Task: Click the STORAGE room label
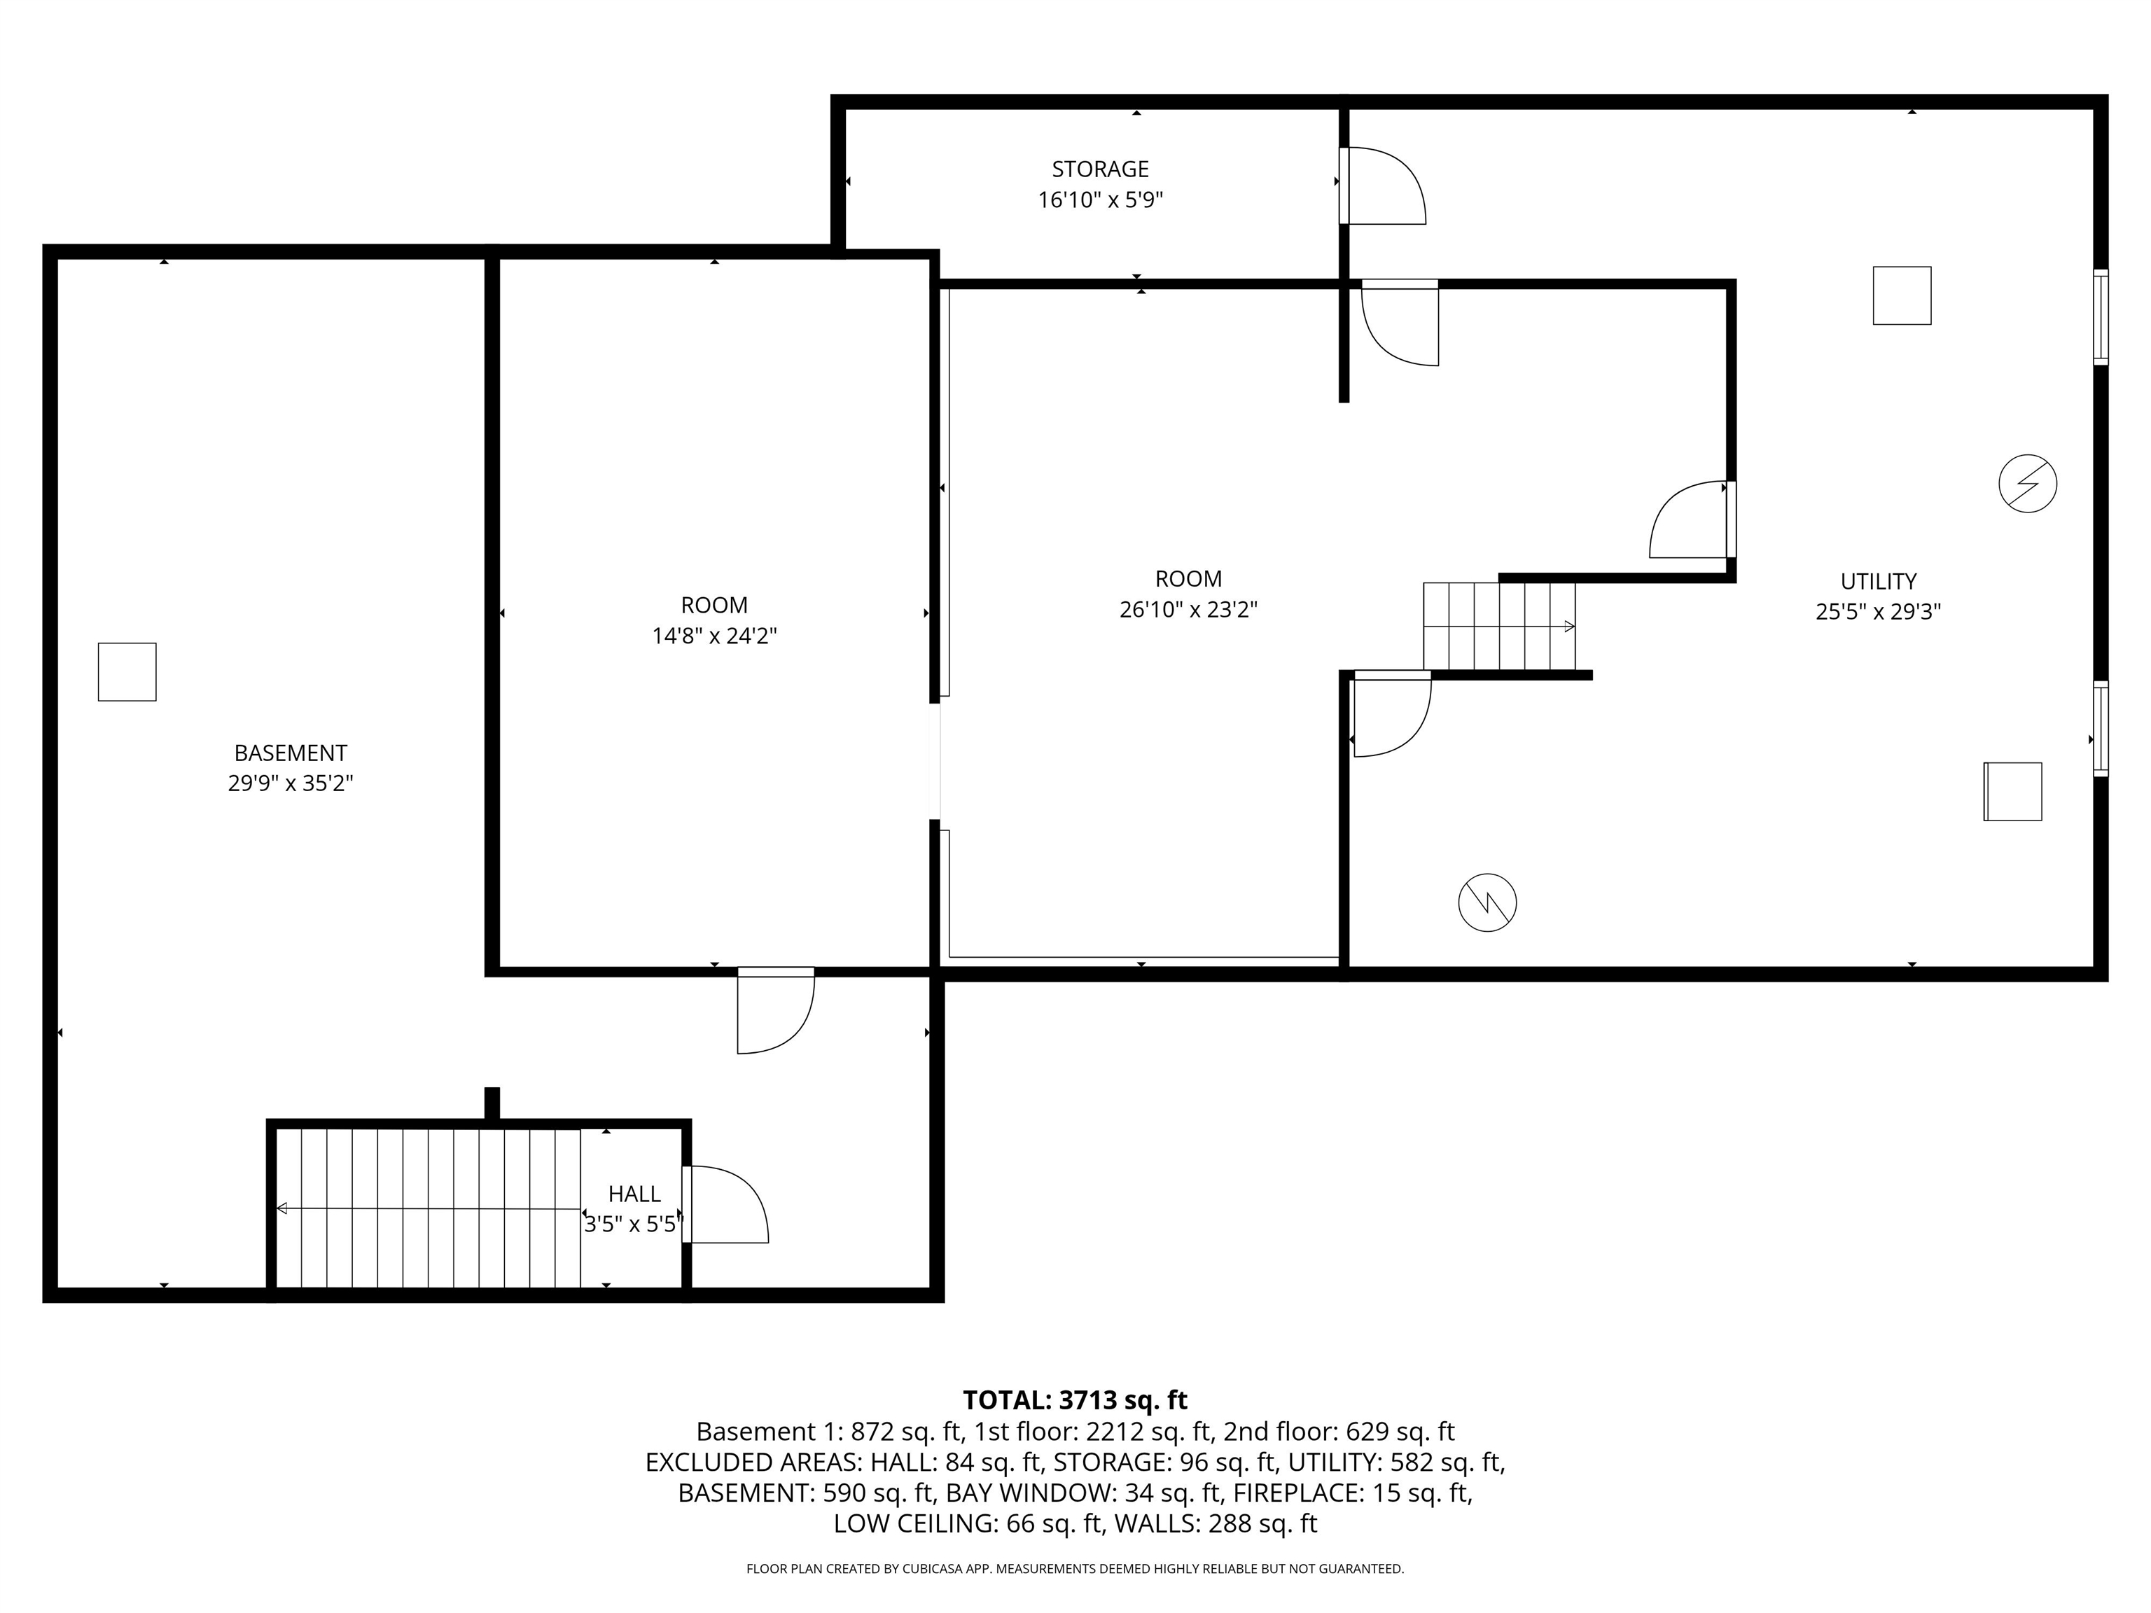coord(1100,169)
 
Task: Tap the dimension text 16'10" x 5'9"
coord(1100,200)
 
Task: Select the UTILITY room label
coord(1878,581)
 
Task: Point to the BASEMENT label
coord(290,753)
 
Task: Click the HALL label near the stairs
coord(634,1194)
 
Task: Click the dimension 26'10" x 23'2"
coord(1188,610)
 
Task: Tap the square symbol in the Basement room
coord(127,672)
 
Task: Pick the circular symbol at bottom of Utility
coord(1487,903)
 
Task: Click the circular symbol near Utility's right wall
coord(2028,483)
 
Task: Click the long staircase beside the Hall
coord(428,1208)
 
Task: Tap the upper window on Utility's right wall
coord(2101,317)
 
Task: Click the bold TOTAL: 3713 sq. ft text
coord(1075,1400)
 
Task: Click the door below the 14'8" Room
coord(775,1010)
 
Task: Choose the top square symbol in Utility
coord(1901,295)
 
